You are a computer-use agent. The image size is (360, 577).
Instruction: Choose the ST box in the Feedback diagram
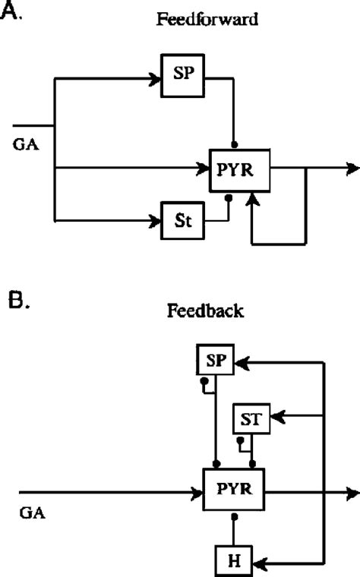click(251, 418)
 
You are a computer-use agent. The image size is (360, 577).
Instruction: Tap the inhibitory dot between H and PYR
click(235, 516)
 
